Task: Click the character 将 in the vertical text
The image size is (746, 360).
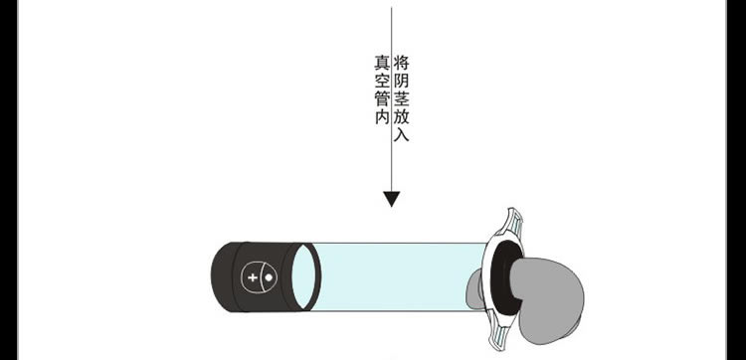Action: pos(402,63)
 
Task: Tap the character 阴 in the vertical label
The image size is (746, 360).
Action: pos(402,81)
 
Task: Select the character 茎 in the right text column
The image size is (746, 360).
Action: pos(402,98)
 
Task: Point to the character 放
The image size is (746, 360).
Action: pos(402,116)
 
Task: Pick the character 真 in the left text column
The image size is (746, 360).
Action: pos(382,63)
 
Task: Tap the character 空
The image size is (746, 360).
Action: pos(382,81)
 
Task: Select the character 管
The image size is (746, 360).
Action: pos(382,98)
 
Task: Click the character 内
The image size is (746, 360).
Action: pos(382,116)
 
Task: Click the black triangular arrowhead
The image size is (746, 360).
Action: pos(392,198)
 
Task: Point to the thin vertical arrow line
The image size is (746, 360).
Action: pos(392,98)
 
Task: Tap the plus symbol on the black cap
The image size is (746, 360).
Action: pos(253,277)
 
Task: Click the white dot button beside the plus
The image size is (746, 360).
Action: pos(269,277)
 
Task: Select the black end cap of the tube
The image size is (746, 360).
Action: pos(253,277)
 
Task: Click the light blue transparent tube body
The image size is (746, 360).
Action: pos(400,277)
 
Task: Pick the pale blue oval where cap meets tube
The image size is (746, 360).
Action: pos(303,277)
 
